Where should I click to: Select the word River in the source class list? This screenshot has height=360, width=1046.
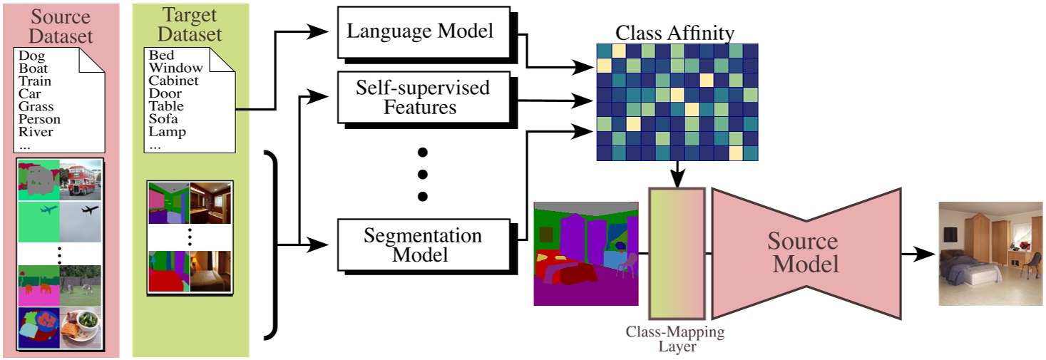(x=36, y=132)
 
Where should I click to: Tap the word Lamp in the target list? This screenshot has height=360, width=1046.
(x=167, y=132)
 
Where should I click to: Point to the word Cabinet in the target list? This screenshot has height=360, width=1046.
(x=173, y=81)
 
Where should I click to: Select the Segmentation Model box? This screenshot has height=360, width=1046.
(x=423, y=245)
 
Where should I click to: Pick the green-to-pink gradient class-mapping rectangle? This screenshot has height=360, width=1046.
(x=676, y=253)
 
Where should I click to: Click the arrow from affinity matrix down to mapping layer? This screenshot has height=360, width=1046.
(x=675, y=175)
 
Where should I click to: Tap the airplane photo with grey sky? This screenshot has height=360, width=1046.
(x=81, y=220)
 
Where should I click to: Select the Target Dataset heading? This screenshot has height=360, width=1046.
(x=190, y=25)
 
